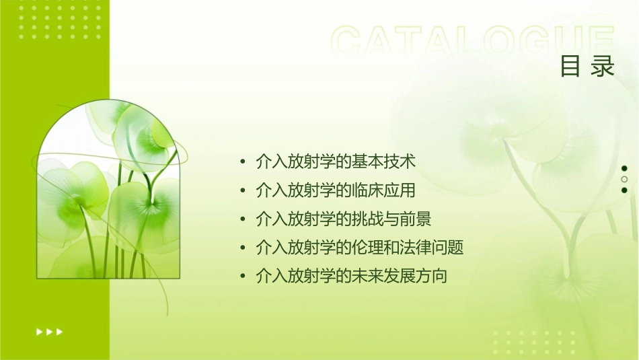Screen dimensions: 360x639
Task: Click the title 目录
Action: coord(588,66)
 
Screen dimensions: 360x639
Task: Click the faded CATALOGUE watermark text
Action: coord(473,42)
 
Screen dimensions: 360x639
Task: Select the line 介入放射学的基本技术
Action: coord(336,161)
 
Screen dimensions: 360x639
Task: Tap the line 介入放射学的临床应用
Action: coord(336,190)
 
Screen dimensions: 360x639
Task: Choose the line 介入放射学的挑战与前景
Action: coord(344,219)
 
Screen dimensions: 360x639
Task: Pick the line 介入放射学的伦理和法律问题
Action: coord(360,248)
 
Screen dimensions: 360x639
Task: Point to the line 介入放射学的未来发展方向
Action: coord(352,276)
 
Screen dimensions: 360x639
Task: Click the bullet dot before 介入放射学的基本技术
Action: coord(243,162)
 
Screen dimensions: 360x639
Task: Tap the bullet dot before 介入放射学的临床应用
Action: coord(243,191)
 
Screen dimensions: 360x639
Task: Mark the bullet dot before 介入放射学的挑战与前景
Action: coord(243,219)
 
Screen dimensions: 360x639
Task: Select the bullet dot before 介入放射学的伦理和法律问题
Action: coord(243,248)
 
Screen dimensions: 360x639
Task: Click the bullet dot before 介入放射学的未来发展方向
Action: coord(243,277)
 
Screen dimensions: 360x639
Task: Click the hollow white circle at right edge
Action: coord(624,180)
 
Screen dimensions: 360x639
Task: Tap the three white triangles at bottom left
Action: coord(49,331)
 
